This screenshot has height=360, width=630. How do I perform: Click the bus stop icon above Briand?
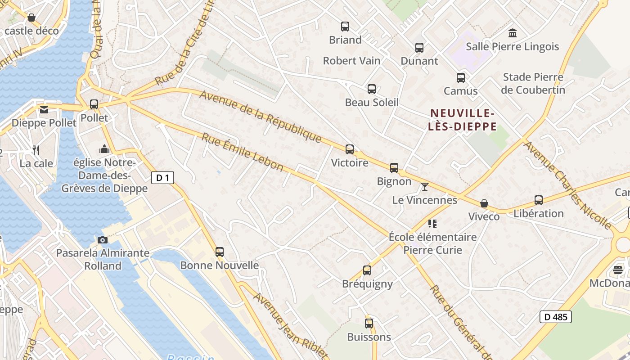[x=345, y=27]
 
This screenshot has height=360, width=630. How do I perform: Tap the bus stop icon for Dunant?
[x=419, y=47]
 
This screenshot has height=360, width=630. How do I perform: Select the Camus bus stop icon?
[x=461, y=78]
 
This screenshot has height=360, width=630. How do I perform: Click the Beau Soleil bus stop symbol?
[x=372, y=89]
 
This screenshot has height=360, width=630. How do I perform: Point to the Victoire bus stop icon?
[x=350, y=149]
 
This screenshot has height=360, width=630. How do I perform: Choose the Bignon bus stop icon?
[x=394, y=168]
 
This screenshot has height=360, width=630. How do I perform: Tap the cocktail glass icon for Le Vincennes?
[x=424, y=187]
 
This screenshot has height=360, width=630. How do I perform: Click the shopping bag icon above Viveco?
[x=484, y=203]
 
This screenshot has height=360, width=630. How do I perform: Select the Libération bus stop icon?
[x=539, y=200]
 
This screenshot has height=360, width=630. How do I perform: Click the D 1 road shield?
[x=162, y=178]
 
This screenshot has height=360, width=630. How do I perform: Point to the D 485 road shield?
[x=556, y=317]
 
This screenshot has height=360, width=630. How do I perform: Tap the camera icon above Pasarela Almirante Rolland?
[x=102, y=240]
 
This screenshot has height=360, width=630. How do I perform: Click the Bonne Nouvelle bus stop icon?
[x=220, y=252]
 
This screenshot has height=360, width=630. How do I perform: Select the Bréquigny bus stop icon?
[x=367, y=270]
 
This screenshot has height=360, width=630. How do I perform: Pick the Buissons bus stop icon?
[x=369, y=324]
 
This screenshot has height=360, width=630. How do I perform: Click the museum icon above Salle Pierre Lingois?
[x=513, y=33]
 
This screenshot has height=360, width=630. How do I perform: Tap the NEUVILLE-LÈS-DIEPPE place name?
[x=463, y=120]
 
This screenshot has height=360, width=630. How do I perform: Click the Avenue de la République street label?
[x=261, y=116]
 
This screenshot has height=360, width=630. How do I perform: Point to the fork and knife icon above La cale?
[x=36, y=150]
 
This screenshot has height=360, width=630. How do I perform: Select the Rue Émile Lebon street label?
[x=242, y=153]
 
